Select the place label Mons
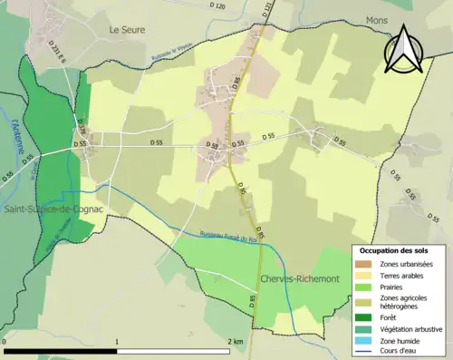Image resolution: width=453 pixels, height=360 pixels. [x=376, y=19]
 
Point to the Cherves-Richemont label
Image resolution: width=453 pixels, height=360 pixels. [x=299, y=278]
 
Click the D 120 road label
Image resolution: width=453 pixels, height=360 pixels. [x=217, y=6]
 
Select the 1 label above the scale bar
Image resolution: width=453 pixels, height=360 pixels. [x=118, y=341]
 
